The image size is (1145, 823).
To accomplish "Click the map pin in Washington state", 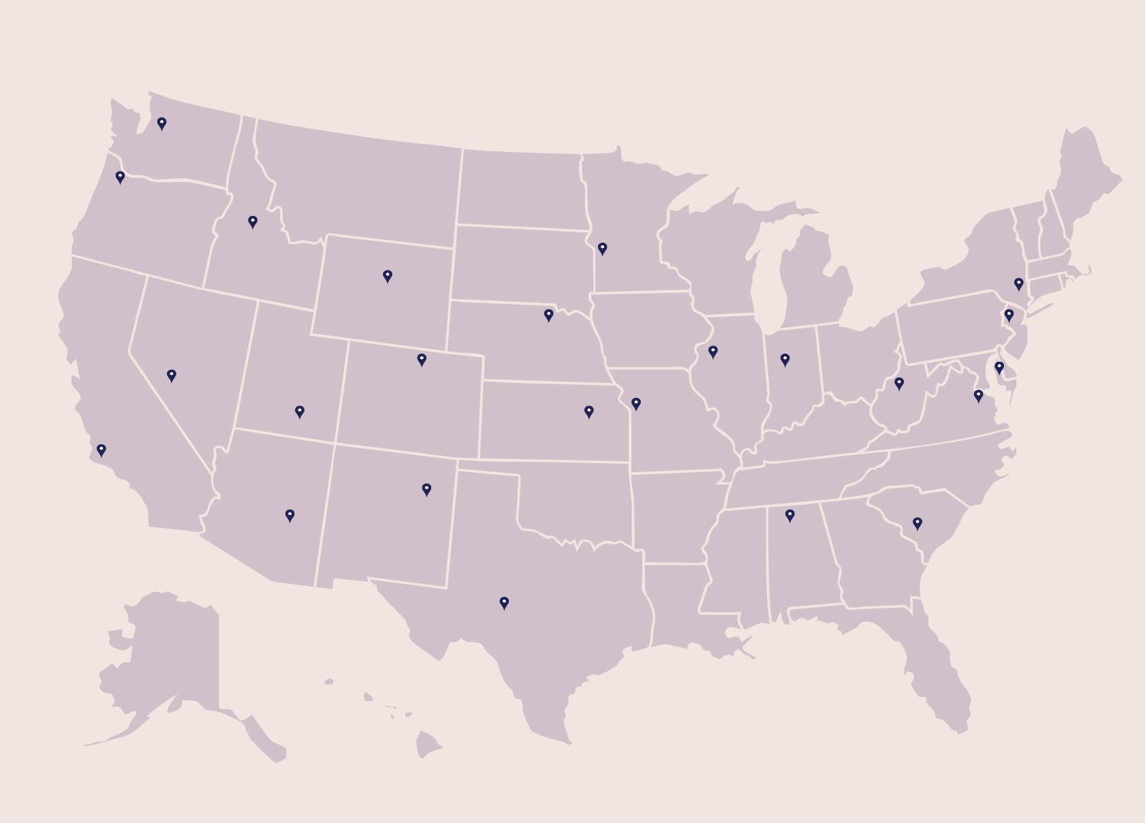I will tap(161, 123).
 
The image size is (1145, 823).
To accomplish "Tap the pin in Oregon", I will tap(120, 177).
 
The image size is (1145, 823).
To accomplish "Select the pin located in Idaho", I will tap(253, 221).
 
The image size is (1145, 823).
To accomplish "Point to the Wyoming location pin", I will tap(388, 275).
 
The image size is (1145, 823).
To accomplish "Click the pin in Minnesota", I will tap(602, 249).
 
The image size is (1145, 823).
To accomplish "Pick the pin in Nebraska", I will tap(548, 315).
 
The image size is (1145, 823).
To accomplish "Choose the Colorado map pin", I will tap(422, 359).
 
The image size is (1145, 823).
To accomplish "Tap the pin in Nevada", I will tap(172, 375).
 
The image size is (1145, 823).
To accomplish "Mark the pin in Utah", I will tap(300, 411).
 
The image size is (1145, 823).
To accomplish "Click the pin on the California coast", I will tap(101, 450).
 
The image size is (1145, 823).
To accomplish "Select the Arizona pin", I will tap(289, 515).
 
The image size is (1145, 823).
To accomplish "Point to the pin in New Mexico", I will tap(426, 489).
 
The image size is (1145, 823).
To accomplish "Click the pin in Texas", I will tap(504, 602).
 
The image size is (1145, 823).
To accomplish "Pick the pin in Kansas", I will tap(589, 411).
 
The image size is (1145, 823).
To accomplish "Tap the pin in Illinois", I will tap(713, 352).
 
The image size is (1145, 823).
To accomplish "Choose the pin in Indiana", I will tap(785, 359).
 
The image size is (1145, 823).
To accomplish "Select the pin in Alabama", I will tap(790, 515).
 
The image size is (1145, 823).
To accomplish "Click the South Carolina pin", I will tap(917, 523).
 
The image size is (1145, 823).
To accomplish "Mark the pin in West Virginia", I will tap(899, 384).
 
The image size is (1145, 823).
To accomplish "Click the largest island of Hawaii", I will tap(427, 744).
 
